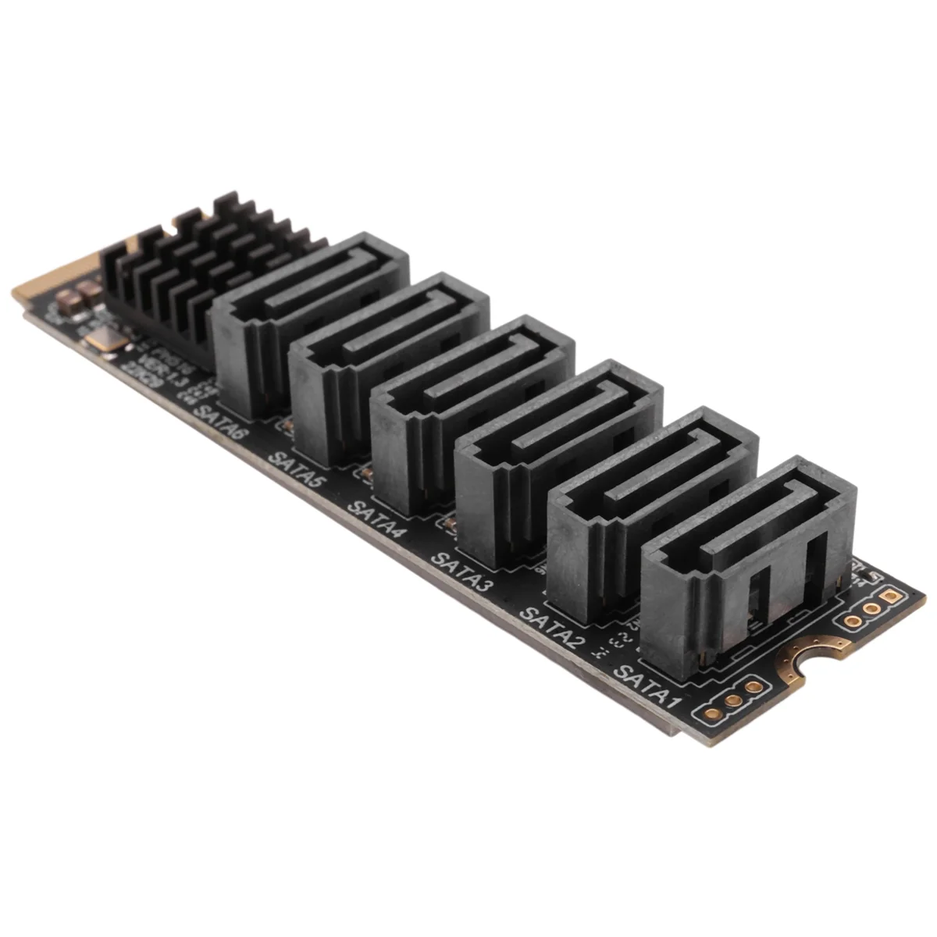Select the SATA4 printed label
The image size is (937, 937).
pos(376,519)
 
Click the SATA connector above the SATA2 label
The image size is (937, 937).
pos(652,508)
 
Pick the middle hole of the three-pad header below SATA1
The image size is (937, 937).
pos(733,700)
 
